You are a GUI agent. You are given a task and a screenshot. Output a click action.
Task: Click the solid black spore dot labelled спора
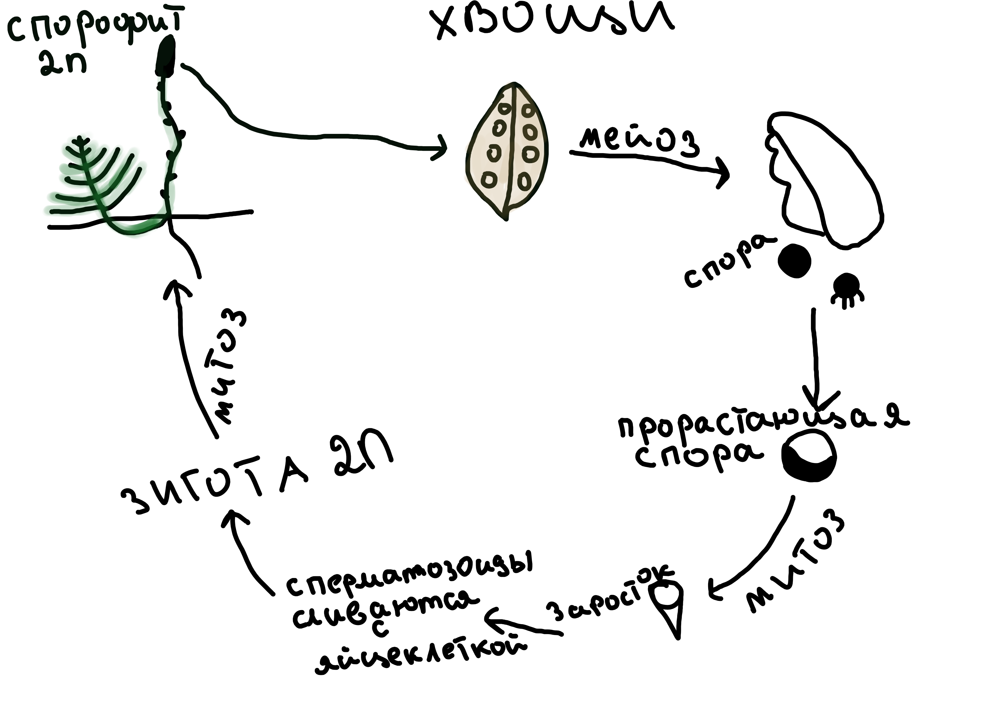[794, 261]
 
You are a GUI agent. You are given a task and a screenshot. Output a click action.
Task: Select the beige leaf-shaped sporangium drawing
[508, 151]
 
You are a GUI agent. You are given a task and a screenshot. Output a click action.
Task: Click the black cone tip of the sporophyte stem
[166, 55]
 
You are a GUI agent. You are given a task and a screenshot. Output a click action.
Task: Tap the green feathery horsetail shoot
[94, 179]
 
